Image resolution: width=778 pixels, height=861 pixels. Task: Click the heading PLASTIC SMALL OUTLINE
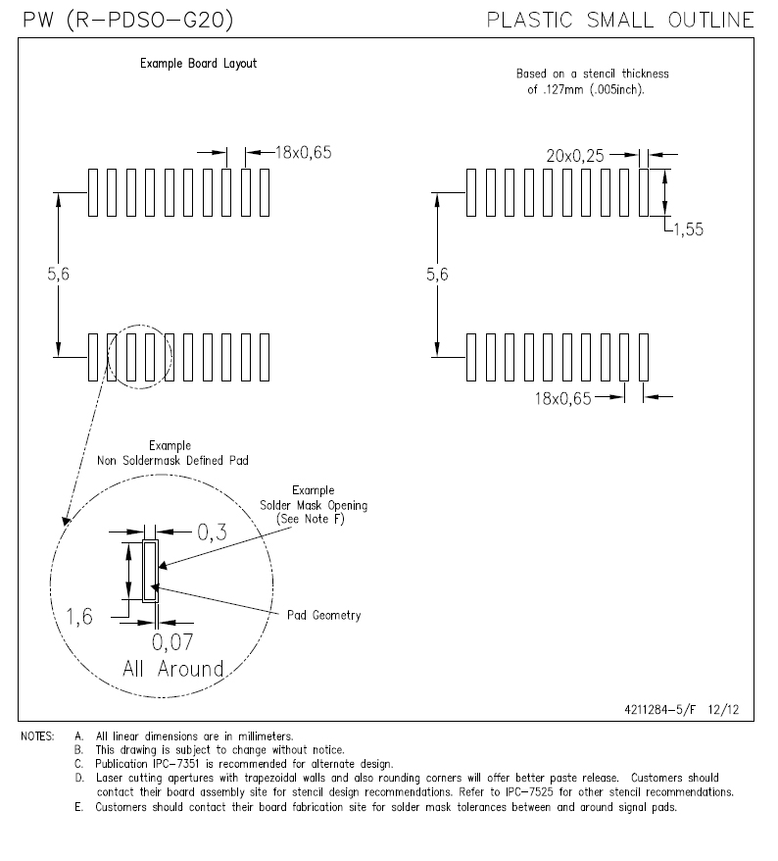(620, 20)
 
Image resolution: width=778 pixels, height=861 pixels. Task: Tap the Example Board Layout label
(198, 64)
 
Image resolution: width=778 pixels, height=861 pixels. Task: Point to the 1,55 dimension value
(690, 230)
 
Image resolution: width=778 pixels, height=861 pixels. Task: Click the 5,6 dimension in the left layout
(59, 276)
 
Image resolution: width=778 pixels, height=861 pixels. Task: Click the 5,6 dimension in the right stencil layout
(437, 276)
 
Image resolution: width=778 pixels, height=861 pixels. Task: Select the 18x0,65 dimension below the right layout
(564, 396)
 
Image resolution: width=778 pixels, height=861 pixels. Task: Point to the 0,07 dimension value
(172, 642)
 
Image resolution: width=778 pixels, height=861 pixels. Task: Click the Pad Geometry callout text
(323, 616)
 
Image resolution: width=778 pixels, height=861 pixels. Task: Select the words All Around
(172, 669)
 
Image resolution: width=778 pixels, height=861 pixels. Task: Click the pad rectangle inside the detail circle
(150, 571)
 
